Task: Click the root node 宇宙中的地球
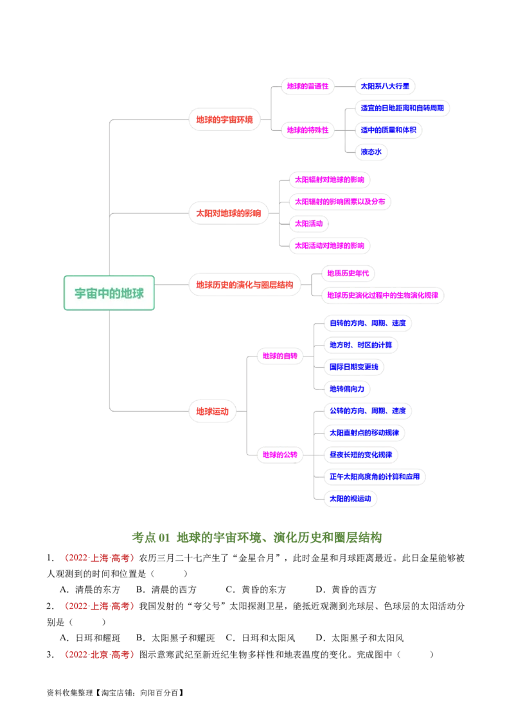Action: (109, 293)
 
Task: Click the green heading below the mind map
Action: (257, 536)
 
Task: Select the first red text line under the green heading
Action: (100, 558)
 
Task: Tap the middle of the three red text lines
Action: (100, 606)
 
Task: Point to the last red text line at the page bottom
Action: (100, 655)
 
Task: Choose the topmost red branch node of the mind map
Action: (225, 119)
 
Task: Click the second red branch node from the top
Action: (229, 213)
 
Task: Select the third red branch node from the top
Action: (244, 284)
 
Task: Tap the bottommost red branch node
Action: (212, 411)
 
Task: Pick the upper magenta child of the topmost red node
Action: (307, 87)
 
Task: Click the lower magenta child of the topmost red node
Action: (307, 129)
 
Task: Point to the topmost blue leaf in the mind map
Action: (384, 87)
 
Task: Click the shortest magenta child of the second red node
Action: (308, 223)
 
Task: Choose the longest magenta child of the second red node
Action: (340, 201)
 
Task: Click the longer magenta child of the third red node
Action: (384, 295)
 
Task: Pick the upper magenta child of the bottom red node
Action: (280, 355)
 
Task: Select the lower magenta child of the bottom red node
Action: (280, 455)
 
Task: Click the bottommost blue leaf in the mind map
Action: (350, 498)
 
